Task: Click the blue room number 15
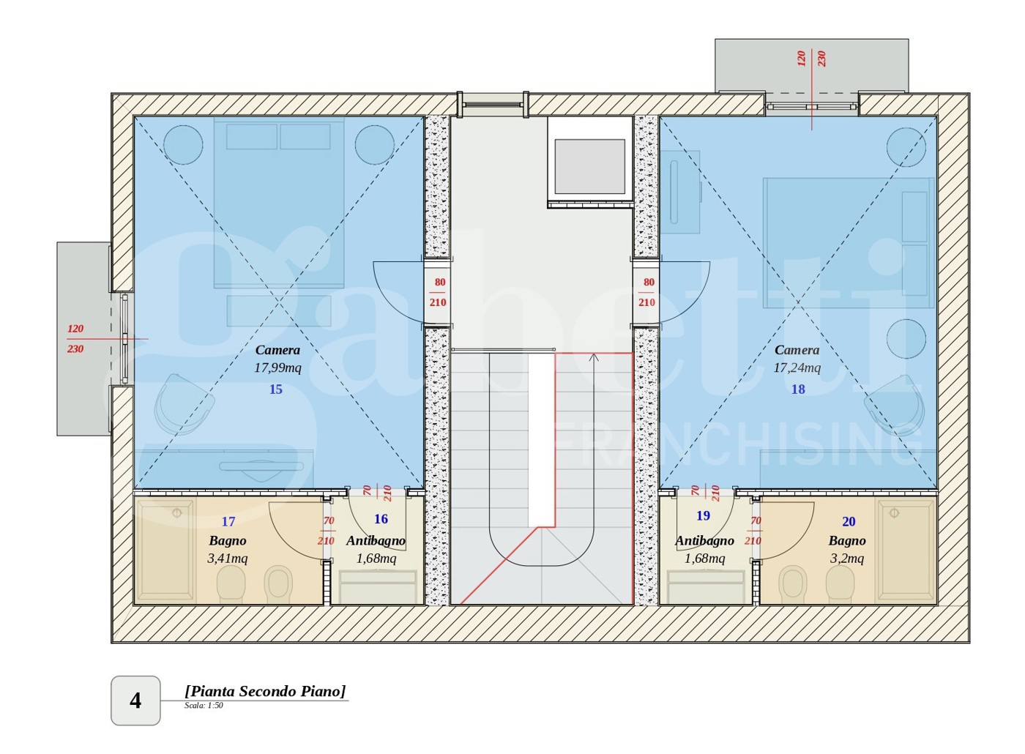click(x=275, y=389)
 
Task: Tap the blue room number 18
click(x=798, y=389)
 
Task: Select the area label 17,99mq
click(x=277, y=367)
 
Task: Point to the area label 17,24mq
click(x=797, y=367)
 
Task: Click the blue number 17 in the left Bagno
click(x=228, y=521)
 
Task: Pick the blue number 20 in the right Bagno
click(x=849, y=521)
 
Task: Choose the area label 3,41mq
click(x=228, y=558)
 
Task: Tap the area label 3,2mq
click(x=847, y=558)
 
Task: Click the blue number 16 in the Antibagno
click(x=381, y=519)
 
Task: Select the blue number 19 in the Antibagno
click(x=704, y=515)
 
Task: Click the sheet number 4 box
click(x=135, y=701)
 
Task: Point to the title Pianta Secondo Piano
click(x=265, y=691)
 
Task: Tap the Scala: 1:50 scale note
click(x=204, y=706)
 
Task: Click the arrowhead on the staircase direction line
click(x=594, y=357)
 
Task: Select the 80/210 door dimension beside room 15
click(x=438, y=292)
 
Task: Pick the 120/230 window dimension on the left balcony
click(x=75, y=338)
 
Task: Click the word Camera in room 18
click(x=797, y=350)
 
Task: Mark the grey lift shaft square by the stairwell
click(x=590, y=167)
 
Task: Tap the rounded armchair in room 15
click(x=184, y=405)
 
